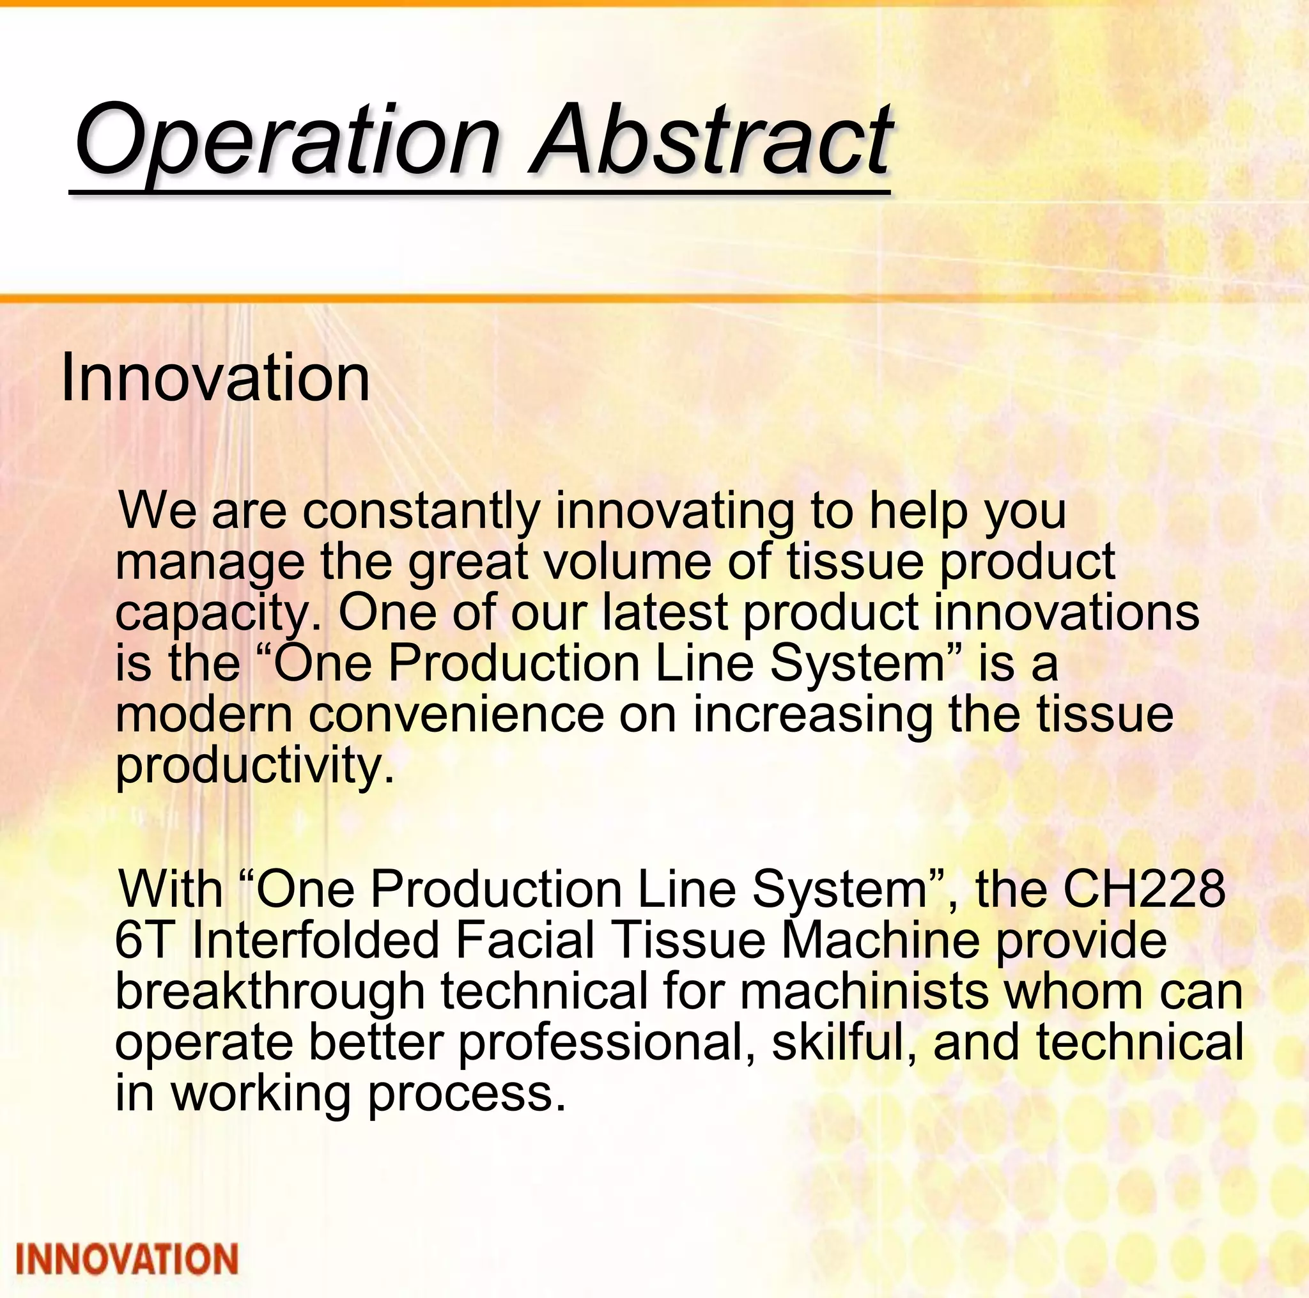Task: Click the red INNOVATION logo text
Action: (x=127, y=1260)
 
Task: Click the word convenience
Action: (x=456, y=714)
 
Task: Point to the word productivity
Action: (x=255, y=766)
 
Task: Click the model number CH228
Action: (x=1143, y=888)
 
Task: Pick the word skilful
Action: (x=844, y=1041)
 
